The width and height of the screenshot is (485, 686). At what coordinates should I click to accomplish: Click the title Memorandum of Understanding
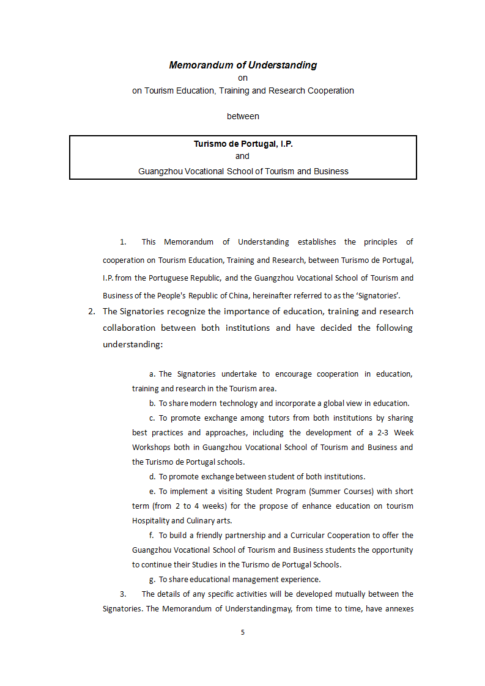coord(243,65)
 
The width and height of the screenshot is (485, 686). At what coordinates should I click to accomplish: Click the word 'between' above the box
coord(243,116)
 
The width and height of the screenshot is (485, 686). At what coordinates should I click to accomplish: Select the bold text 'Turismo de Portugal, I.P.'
coord(243,144)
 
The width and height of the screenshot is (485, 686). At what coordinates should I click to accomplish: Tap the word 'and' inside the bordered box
coord(243,156)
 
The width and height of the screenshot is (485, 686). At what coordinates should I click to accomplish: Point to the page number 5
coord(243,632)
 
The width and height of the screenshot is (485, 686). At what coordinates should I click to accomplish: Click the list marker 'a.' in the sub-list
coord(152,374)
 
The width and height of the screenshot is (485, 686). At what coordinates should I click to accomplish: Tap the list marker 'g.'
coord(152,579)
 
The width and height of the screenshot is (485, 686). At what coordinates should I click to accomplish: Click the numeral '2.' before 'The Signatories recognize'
coord(92,311)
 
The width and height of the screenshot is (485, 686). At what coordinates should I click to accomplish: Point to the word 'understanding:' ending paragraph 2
coord(133,344)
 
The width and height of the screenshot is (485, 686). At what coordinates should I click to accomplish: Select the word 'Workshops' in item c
coord(151,447)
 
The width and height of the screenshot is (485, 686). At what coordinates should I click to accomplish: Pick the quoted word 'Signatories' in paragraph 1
coord(378,295)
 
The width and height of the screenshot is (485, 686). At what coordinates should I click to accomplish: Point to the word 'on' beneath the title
coord(243,78)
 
